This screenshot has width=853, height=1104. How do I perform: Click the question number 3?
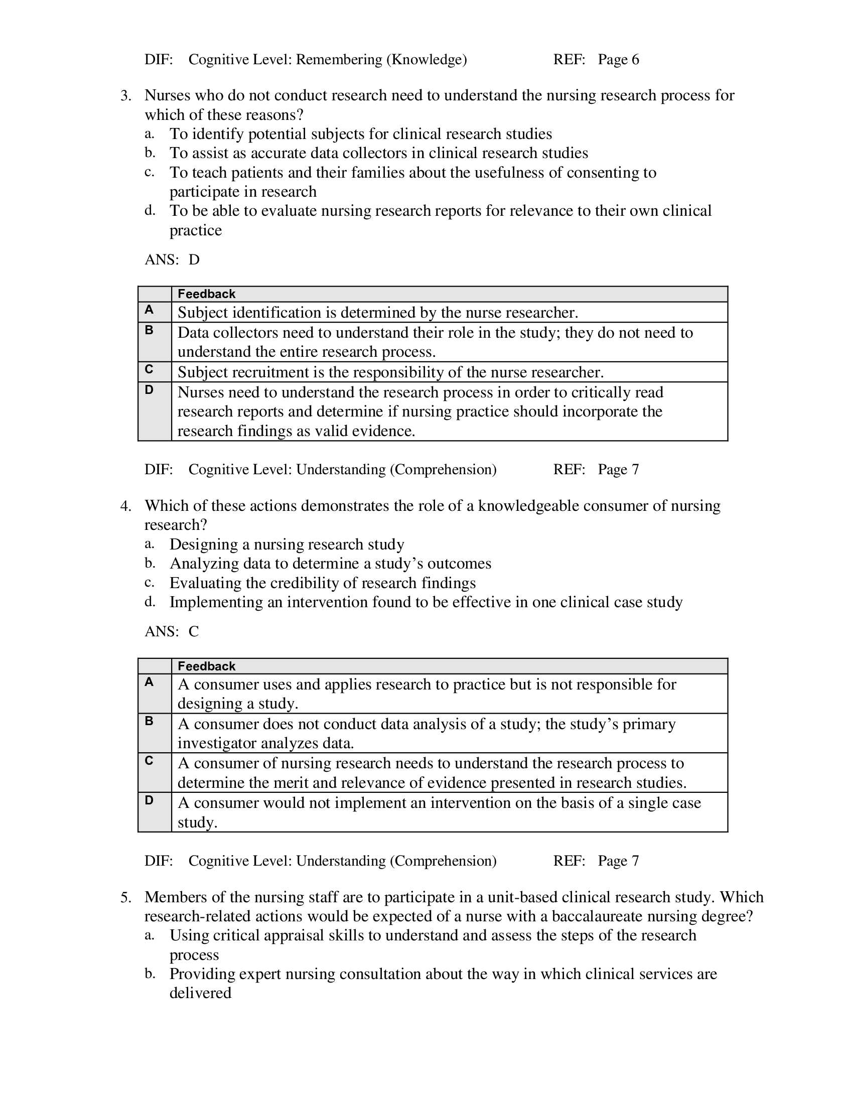pos(125,95)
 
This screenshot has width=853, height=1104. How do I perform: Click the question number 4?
pos(125,506)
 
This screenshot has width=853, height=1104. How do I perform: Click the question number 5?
pos(125,897)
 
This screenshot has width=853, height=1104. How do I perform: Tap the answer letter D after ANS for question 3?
pos(194,260)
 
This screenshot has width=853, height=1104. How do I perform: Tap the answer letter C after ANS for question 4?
pos(194,631)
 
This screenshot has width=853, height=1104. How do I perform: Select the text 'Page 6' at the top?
pos(618,60)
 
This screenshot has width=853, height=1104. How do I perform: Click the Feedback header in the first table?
pos(206,294)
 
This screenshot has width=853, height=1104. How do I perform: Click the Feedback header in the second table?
pos(206,666)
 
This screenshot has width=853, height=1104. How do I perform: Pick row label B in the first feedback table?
pos(149,330)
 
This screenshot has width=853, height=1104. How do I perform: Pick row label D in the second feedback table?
pos(149,800)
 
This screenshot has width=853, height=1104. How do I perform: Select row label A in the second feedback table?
pos(149,682)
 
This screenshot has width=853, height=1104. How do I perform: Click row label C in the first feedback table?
pos(149,369)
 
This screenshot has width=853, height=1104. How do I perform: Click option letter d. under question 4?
pos(149,602)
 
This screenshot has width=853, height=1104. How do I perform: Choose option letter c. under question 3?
pos(149,172)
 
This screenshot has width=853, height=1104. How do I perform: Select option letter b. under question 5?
pos(150,974)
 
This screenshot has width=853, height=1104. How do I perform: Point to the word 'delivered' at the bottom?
pos(200,993)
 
